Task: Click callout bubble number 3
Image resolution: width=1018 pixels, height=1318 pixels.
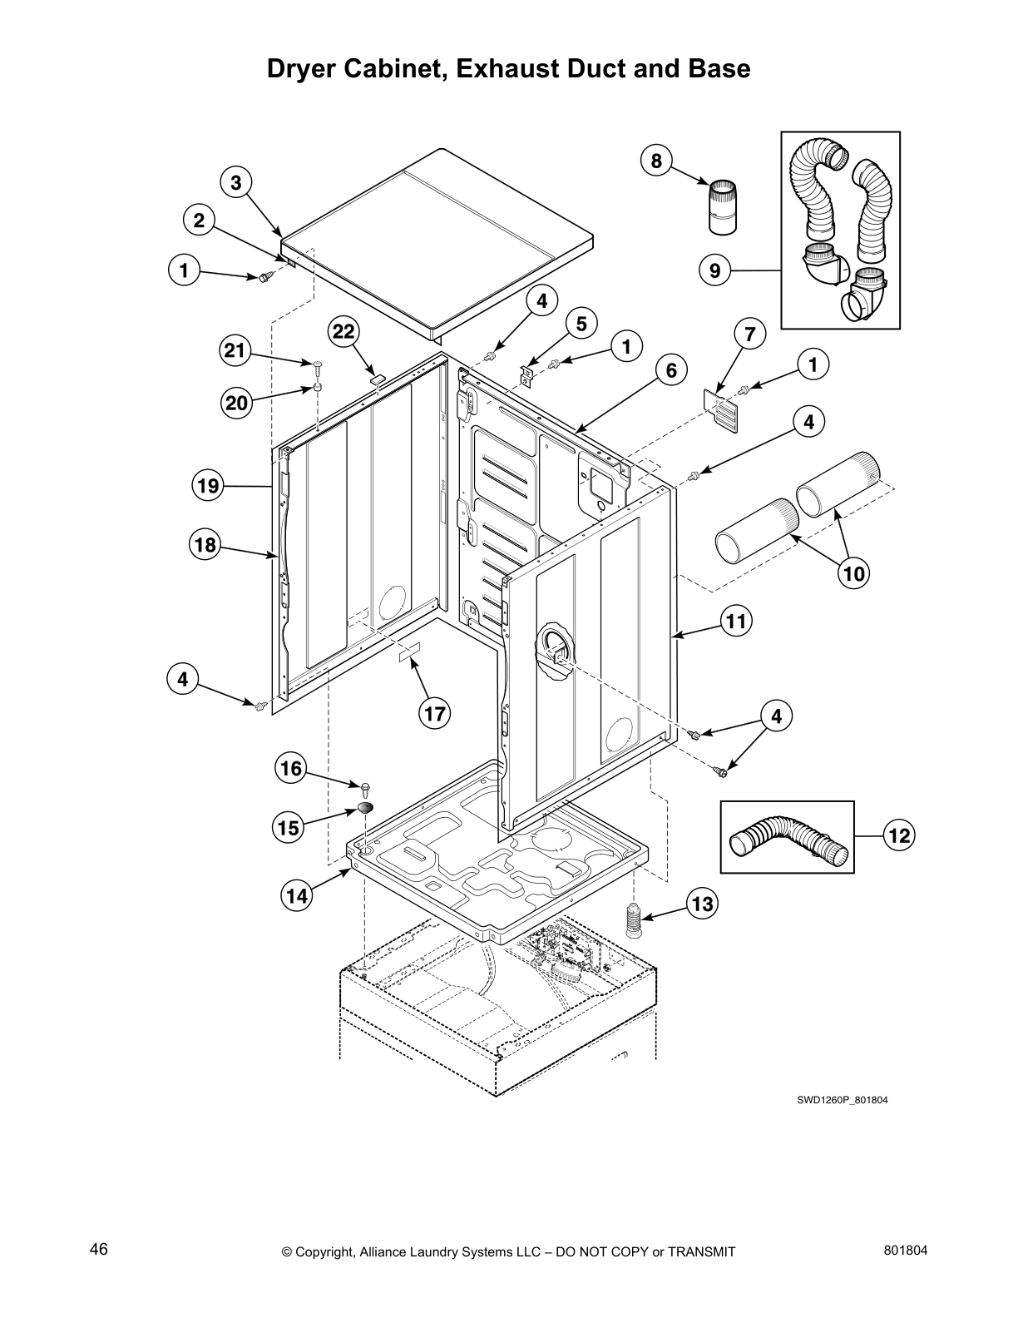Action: coord(236,182)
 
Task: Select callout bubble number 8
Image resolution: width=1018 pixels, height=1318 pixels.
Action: coord(656,161)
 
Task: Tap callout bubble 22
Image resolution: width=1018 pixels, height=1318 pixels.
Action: coord(343,332)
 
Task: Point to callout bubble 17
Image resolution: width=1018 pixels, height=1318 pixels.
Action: coord(434,713)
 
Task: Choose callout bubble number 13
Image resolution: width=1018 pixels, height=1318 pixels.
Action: coord(703,904)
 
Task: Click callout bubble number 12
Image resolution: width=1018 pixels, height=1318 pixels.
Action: coord(899,835)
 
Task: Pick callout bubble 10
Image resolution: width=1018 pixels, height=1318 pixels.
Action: coord(854,572)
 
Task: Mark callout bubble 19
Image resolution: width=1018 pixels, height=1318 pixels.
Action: coord(208,484)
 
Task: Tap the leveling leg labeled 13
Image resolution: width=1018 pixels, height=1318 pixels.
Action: coord(635,921)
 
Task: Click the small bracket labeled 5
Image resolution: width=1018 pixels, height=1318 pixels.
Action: coord(526,375)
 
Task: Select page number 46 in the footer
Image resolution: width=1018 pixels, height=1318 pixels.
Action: coord(99,1250)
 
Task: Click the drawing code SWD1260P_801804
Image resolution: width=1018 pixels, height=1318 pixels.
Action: coord(843,1099)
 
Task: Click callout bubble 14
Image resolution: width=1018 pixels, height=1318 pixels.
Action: coord(298,895)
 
